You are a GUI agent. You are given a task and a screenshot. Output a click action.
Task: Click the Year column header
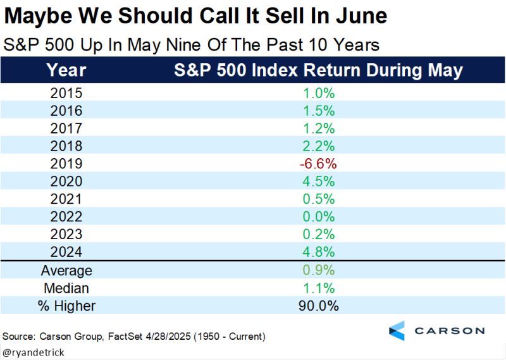(x=66, y=70)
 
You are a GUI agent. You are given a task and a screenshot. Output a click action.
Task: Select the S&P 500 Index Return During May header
(x=318, y=70)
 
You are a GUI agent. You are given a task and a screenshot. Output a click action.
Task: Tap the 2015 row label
(x=66, y=94)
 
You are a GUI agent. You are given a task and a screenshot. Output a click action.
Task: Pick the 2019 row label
(x=66, y=164)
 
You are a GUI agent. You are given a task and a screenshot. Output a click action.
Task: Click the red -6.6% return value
(x=318, y=164)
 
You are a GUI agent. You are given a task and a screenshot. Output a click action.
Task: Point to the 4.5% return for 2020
(x=318, y=182)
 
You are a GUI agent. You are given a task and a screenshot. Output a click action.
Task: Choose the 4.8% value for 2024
(x=318, y=252)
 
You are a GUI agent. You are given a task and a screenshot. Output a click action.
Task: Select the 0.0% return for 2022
(x=318, y=217)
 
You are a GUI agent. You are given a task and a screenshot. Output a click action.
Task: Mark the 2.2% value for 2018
(x=318, y=146)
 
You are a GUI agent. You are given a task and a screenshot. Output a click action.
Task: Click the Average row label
(x=66, y=271)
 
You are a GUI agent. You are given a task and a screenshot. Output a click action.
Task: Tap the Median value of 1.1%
(x=318, y=289)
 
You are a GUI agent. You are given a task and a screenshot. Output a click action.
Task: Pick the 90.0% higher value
(x=318, y=306)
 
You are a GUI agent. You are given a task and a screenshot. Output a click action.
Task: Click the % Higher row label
(x=66, y=306)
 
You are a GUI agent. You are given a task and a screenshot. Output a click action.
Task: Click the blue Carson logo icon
(x=396, y=330)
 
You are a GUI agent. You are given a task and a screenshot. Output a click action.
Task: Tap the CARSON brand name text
(x=450, y=330)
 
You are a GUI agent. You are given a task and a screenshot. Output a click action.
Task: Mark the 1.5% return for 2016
(x=318, y=111)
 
